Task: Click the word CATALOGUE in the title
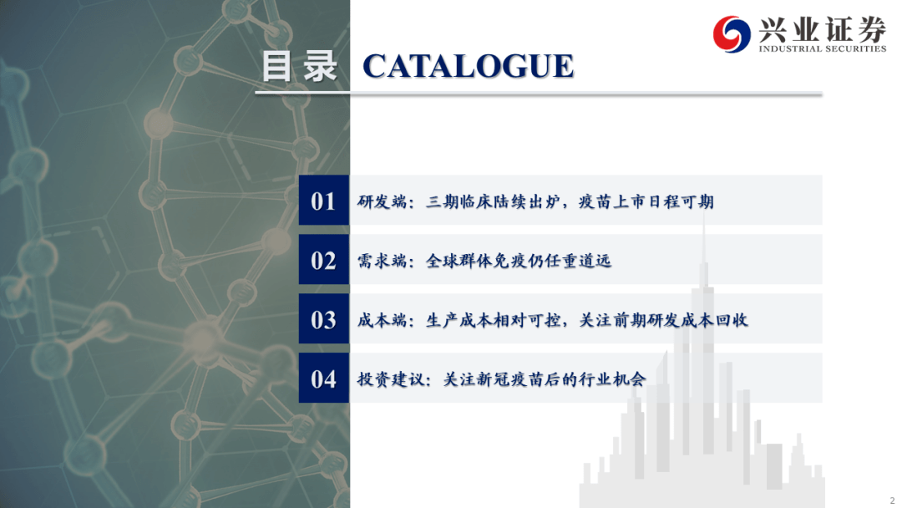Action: pyautogui.click(x=469, y=66)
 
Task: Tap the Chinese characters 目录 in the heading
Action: pyautogui.click(x=299, y=66)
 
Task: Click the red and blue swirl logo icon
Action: pyautogui.click(x=731, y=34)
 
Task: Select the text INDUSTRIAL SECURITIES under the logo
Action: pyautogui.click(x=822, y=49)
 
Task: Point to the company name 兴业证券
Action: pyautogui.click(x=822, y=28)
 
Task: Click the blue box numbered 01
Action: pyautogui.click(x=324, y=201)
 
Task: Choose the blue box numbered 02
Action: pyautogui.click(x=324, y=260)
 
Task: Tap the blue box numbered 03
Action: pyautogui.click(x=324, y=318)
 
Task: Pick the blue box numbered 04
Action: pyautogui.click(x=324, y=378)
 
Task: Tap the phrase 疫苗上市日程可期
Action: pyautogui.click(x=646, y=201)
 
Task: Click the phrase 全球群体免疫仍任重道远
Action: pyautogui.click(x=519, y=261)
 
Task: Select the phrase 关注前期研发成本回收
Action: pyautogui.click(x=663, y=320)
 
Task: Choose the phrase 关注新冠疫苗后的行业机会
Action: pyautogui.click(x=545, y=379)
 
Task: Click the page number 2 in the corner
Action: pyautogui.click(x=892, y=500)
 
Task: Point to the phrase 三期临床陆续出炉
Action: pyautogui.click(x=494, y=201)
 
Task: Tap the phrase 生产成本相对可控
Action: pyautogui.click(x=494, y=320)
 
